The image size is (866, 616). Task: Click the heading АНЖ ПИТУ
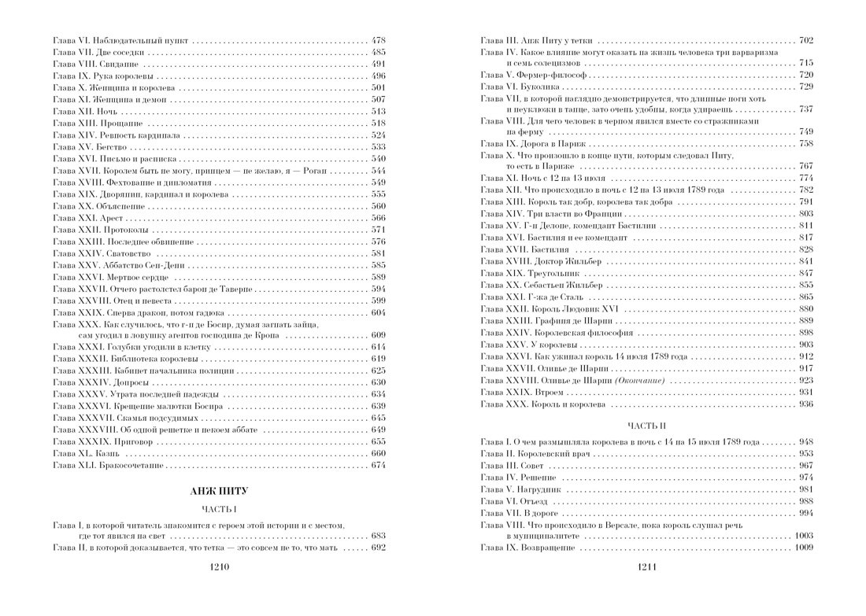217,491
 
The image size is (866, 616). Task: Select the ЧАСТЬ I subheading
217,509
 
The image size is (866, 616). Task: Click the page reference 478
378,40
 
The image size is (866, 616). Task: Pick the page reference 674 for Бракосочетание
378,465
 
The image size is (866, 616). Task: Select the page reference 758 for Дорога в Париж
805,145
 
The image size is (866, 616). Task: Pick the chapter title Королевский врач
550,454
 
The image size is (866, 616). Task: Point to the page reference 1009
804,547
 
